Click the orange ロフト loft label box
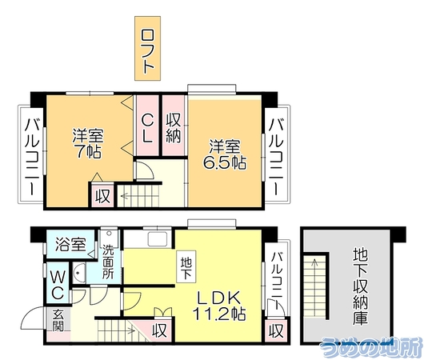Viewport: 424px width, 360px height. pos(148,49)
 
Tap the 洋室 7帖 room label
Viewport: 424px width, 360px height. pos(88,144)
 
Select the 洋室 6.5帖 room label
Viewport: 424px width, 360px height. pos(225,154)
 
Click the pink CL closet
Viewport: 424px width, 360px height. pos(147,126)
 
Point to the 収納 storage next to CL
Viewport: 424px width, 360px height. pos(174,126)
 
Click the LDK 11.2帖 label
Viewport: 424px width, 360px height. pos(219,305)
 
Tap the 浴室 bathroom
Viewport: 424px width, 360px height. pos(71,244)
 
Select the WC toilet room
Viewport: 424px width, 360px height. pos(58,282)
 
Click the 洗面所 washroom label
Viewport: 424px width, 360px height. pos(108,262)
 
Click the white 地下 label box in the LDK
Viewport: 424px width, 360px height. pos(186,266)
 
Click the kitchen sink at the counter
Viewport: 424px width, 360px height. pos(158,239)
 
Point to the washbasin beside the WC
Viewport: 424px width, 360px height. pos(79,273)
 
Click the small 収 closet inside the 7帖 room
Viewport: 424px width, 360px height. pos(102,195)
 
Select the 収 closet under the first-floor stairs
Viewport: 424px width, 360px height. pos(159,330)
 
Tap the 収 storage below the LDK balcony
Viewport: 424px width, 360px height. pos(276,330)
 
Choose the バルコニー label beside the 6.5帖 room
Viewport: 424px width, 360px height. pos(276,156)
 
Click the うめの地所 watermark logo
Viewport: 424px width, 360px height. pos(371,347)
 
